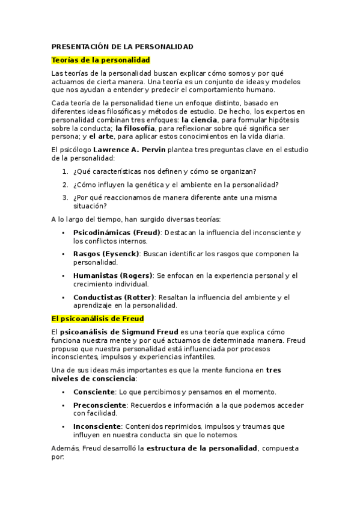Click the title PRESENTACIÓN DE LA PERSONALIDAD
point(122,46)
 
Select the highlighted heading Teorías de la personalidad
point(100,60)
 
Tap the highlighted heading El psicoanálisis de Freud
point(97,318)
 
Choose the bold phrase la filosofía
point(135,128)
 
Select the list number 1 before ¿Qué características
point(64,171)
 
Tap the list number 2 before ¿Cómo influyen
point(64,185)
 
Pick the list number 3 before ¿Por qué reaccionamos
point(64,197)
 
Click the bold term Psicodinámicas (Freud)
point(117,232)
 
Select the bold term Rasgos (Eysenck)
point(106,254)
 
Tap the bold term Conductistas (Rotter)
point(114,297)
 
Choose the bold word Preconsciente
point(100,405)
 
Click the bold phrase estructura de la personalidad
point(202,448)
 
